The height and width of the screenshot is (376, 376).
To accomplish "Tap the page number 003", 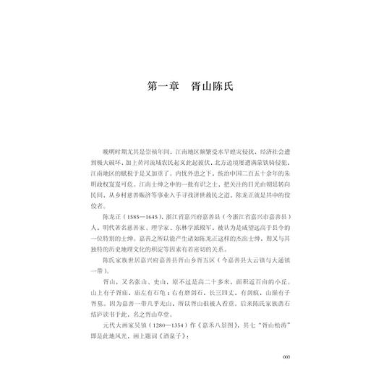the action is click(x=286, y=357).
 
